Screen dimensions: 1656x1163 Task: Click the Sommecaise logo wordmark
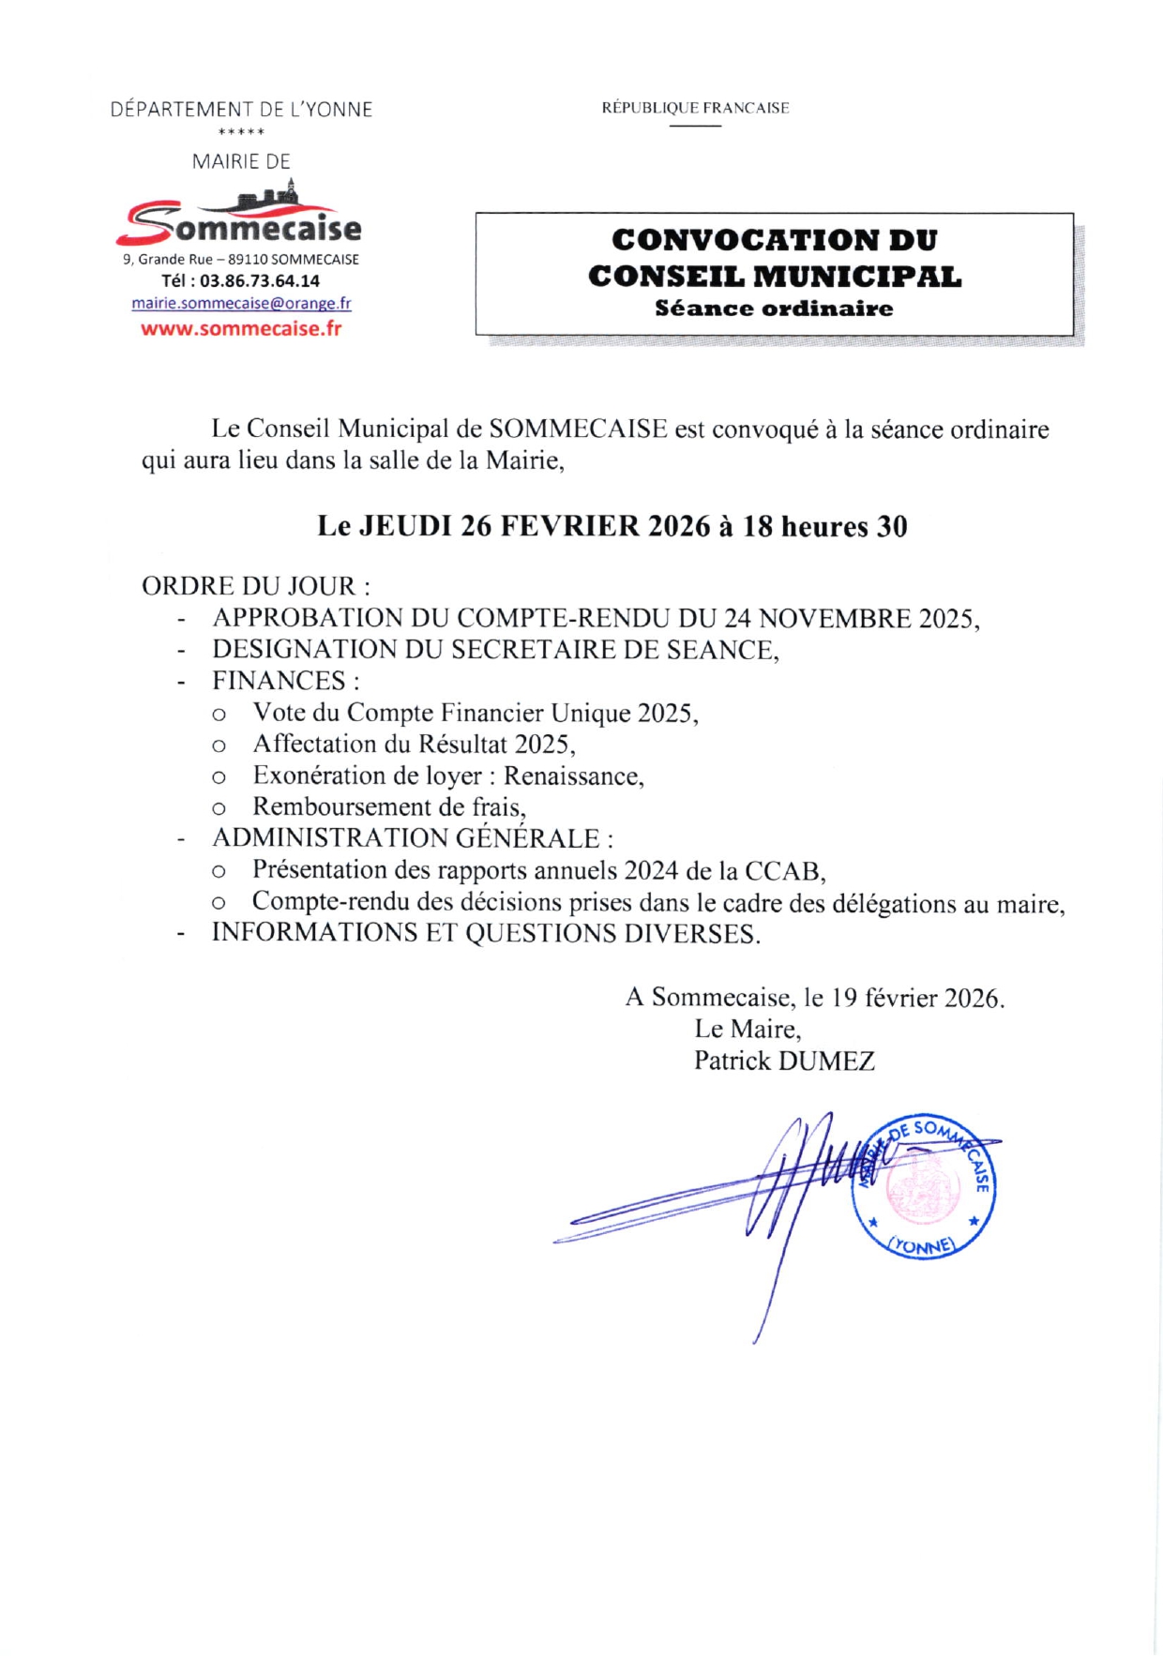(240, 226)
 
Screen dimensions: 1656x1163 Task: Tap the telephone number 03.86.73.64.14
(260, 280)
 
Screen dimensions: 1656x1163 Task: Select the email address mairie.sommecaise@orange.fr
(241, 303)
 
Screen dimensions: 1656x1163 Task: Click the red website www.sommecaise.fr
(241, 328)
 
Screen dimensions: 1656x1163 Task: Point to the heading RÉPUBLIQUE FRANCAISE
(695, 108)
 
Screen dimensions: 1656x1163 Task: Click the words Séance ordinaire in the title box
(774, 309)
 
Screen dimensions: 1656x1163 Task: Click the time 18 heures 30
(825, 526)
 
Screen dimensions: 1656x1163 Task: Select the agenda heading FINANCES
(279, 681)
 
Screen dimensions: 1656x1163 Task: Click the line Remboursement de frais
(388, 807)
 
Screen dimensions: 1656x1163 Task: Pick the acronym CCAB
(783, 871)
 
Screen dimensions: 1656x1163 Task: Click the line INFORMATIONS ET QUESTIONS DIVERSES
(485, 933)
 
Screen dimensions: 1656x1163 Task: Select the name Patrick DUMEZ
(784, 1061)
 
